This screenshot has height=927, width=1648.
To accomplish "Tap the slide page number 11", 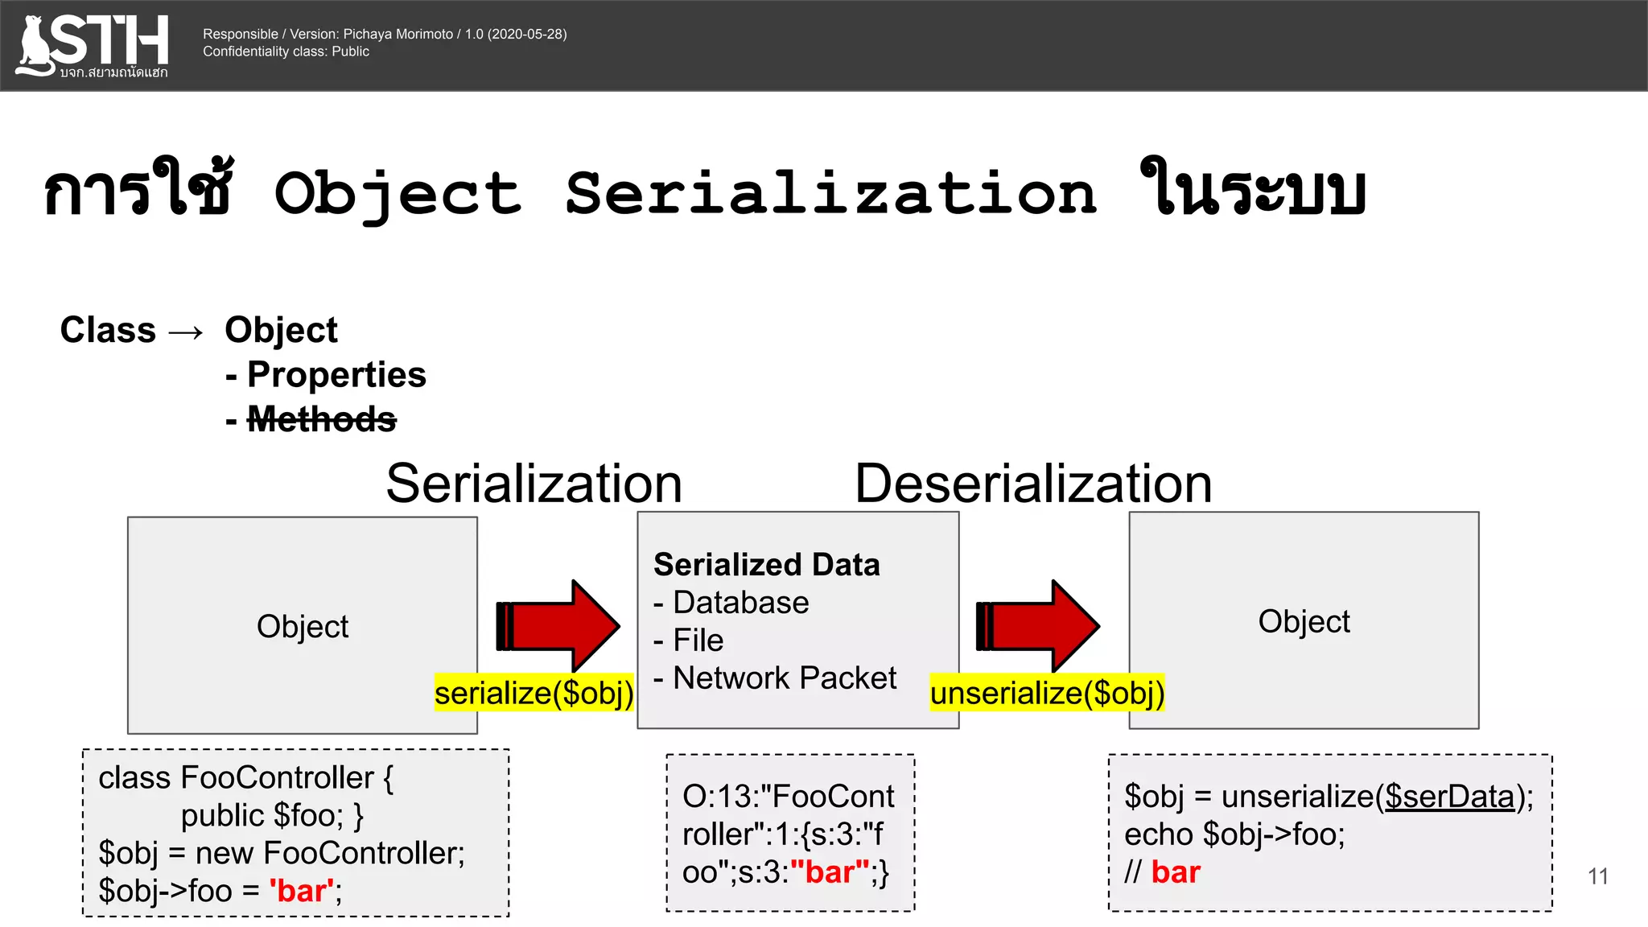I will (1597, 876).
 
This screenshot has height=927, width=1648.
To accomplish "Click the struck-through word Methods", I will (321, 419).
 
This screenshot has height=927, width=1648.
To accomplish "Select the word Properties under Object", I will (336, 375).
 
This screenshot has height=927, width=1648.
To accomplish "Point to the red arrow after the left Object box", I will (558, 626).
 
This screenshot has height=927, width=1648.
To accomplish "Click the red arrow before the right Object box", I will (1038, 626).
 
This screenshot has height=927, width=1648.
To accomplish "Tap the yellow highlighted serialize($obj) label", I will (534, 693).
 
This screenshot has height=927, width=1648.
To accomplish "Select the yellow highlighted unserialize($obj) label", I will (1047, 693).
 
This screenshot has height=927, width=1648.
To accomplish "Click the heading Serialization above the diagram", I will (534, 484).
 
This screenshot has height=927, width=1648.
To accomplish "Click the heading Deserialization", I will (1033, 484).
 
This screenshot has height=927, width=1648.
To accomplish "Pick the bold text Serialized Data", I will (766, 565).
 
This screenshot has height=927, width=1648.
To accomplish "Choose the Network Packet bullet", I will (784, 678).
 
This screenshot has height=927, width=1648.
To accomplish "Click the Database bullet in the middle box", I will (740, 603).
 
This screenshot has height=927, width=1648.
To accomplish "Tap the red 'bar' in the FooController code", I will (302, 892).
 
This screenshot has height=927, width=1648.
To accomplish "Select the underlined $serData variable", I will (1449, 797).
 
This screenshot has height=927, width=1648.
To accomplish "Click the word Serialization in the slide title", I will (831, 194).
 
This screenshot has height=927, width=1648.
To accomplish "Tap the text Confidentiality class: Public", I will (286, 51).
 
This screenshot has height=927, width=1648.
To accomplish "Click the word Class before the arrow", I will (108, 331).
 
